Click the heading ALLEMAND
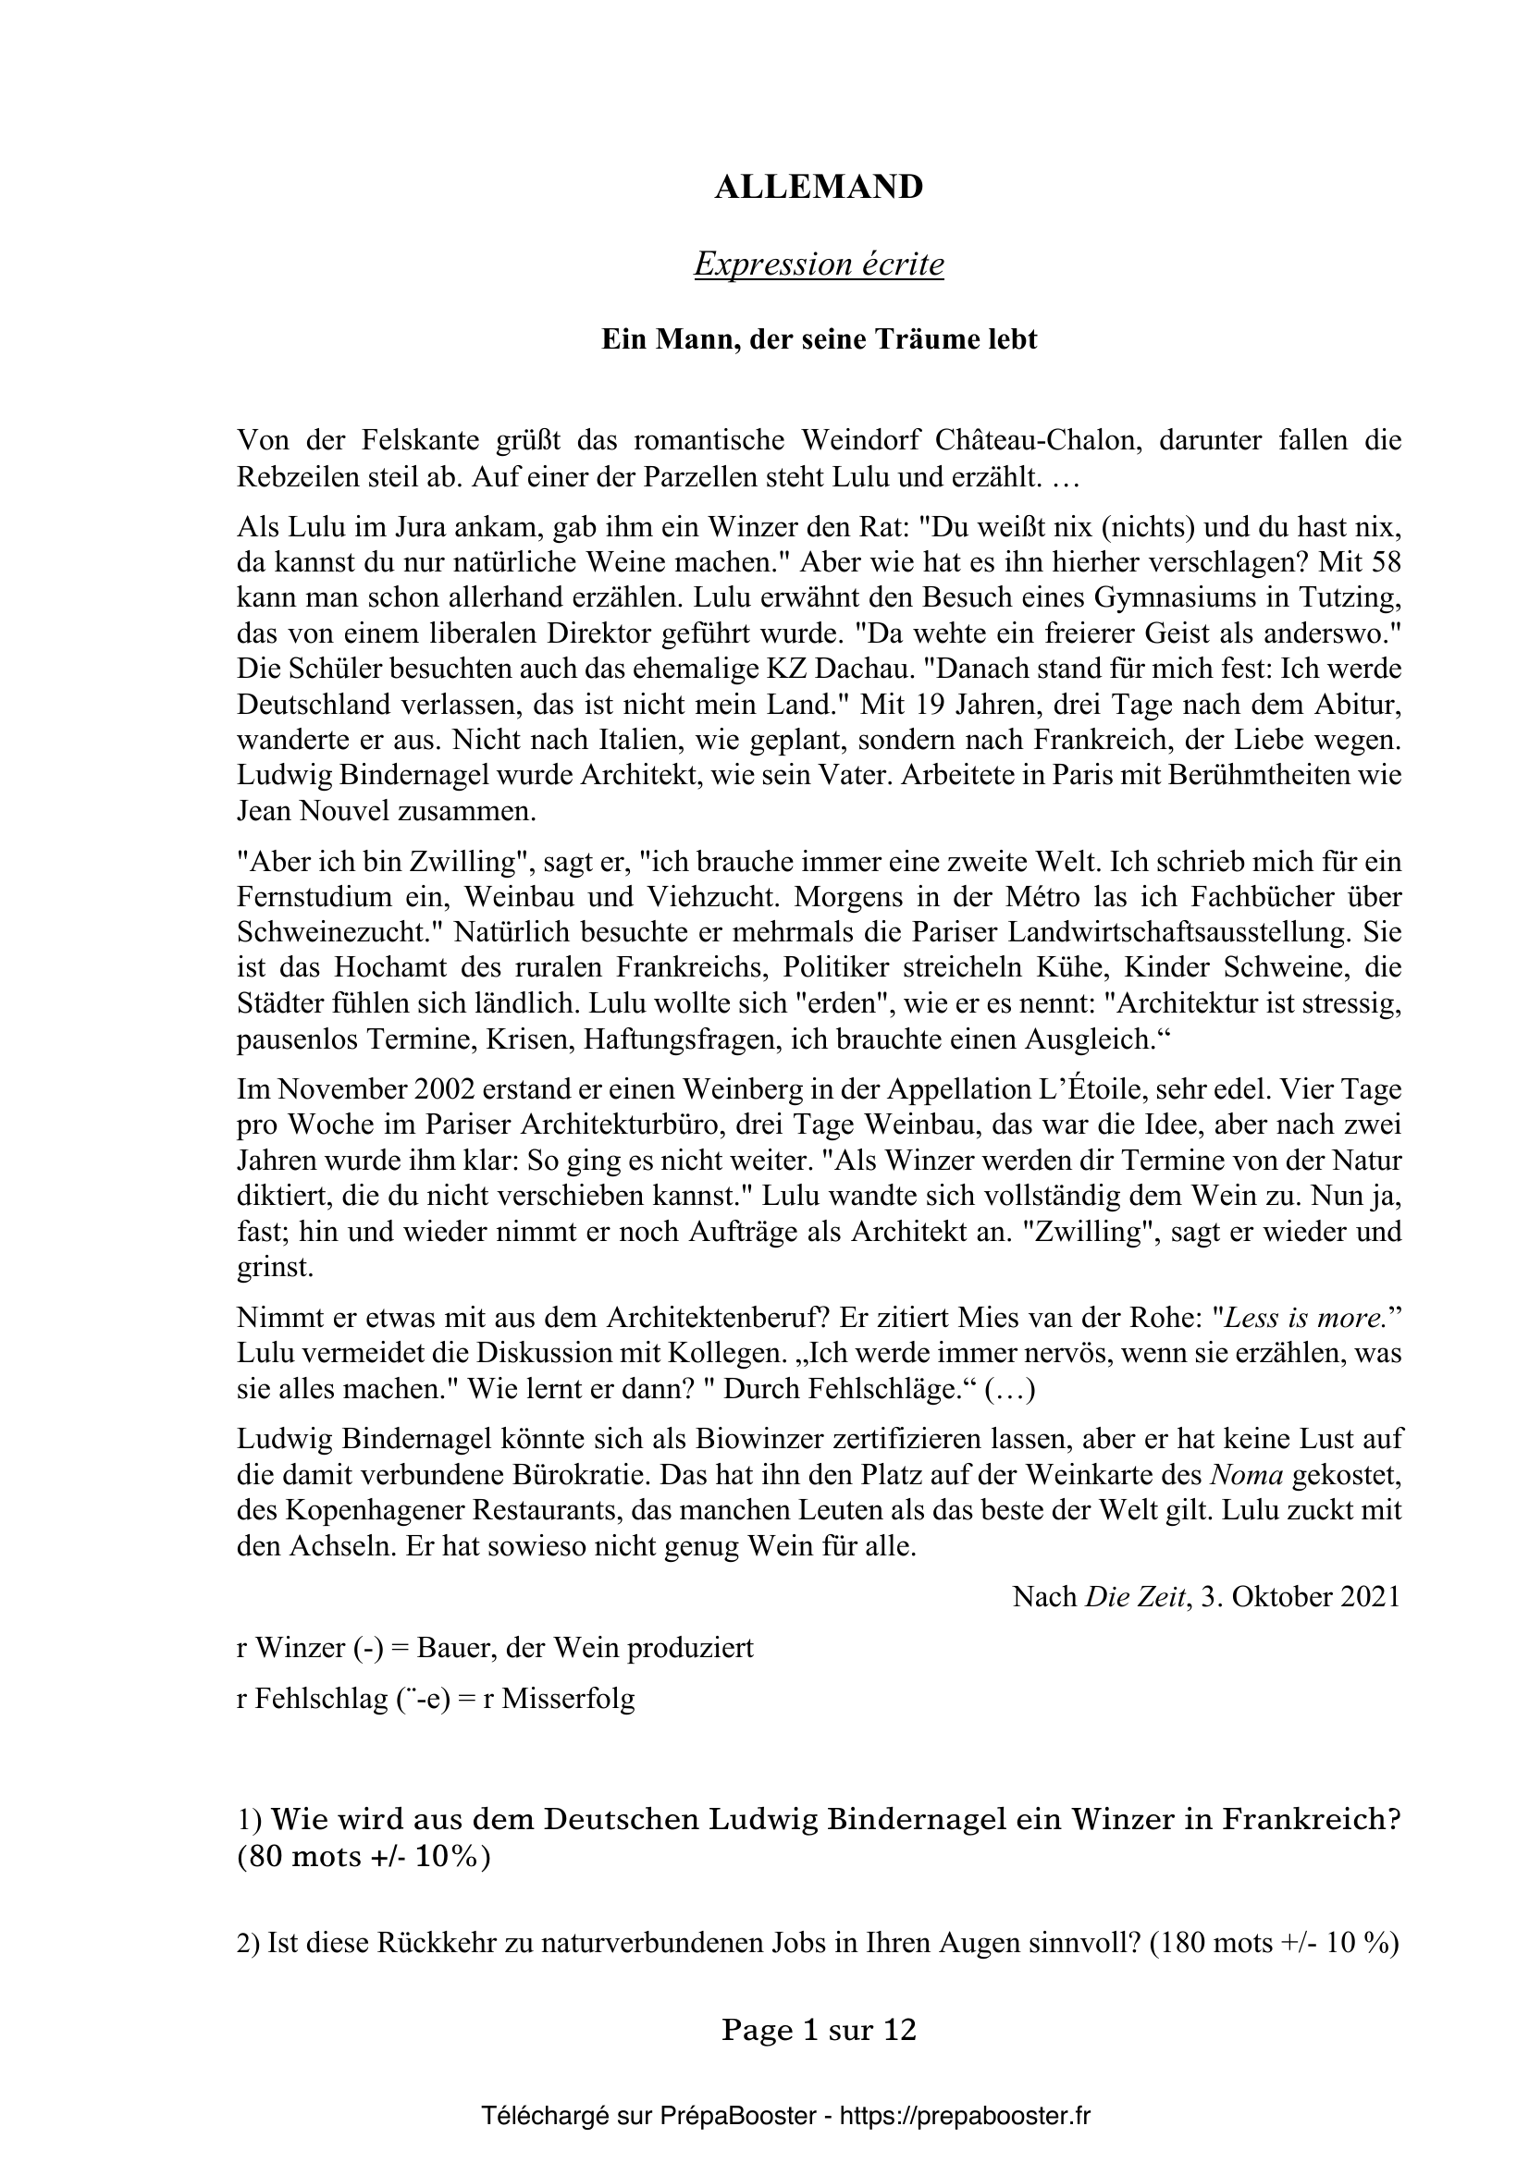(819, 188)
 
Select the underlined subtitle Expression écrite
(819, 264)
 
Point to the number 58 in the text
(1384, 562)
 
